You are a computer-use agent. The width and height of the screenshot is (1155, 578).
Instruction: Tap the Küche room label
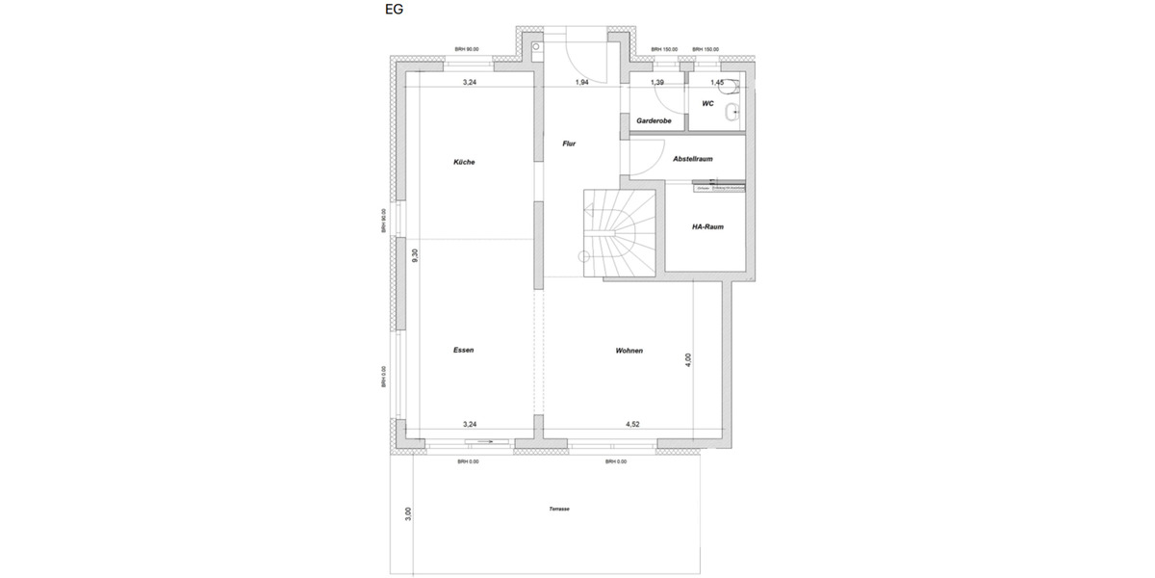[464, 162]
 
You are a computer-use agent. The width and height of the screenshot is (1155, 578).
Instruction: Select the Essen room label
[464, 351]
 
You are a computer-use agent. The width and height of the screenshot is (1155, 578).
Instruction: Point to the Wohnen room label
[629, 351]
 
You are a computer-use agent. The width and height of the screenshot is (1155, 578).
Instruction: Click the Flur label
[569, 144]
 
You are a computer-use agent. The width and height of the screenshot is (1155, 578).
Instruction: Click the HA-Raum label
[707, 227]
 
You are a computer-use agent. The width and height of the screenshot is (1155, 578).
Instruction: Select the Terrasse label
[559, 509]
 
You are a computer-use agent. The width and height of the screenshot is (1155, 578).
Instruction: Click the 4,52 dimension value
[633, 424]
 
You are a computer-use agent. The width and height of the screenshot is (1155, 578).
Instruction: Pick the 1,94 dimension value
[581, 83]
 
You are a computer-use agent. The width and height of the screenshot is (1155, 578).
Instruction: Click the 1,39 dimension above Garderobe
[657, 83]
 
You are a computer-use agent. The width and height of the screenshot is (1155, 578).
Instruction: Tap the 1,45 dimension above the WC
[716, 83]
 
